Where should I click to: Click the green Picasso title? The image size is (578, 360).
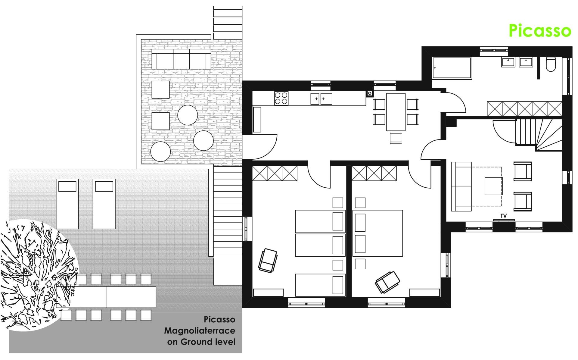[539, 31]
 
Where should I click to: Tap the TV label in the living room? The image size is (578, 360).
[503, 216]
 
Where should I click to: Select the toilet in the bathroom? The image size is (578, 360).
[551, 64]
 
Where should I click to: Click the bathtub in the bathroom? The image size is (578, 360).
[452, 68]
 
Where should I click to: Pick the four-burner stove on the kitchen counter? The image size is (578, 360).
[281, 98]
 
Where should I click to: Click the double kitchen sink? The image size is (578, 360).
[322, 99]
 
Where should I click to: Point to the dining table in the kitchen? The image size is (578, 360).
[396, 112]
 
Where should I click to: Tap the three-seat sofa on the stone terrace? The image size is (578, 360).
[181, 59]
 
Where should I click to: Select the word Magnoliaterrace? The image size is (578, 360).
[200, 330]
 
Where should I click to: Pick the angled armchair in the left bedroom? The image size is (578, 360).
[268, 260]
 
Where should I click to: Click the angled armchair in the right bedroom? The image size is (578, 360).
[387, 282]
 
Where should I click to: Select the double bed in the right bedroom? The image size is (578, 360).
[378, 233]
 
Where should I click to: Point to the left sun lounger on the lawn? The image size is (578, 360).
[67, 204]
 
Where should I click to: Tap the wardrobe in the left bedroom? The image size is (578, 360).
[275, 173]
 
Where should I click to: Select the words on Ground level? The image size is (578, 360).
[201, 342]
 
